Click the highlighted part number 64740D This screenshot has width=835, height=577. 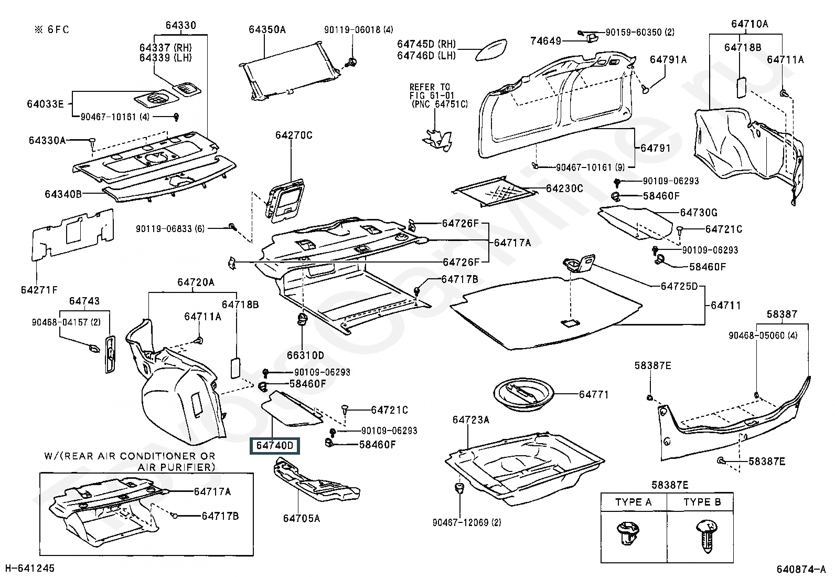275,446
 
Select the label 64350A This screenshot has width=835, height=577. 267,30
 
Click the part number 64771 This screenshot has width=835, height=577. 594,394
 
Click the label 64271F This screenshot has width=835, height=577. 39,290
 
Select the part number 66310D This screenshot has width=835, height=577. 305,355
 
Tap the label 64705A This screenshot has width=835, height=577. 301,518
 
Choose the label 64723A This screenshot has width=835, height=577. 470,419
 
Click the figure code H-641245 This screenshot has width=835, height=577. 29,568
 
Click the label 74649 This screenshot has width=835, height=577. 545,41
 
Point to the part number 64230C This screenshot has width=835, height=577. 564,188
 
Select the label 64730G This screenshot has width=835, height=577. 699,213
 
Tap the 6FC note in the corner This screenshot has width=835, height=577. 51,30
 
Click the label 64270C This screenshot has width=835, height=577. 294,135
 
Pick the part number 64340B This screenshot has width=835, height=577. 63,194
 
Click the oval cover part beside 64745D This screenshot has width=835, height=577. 491,50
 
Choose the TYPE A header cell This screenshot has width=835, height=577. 634,502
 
